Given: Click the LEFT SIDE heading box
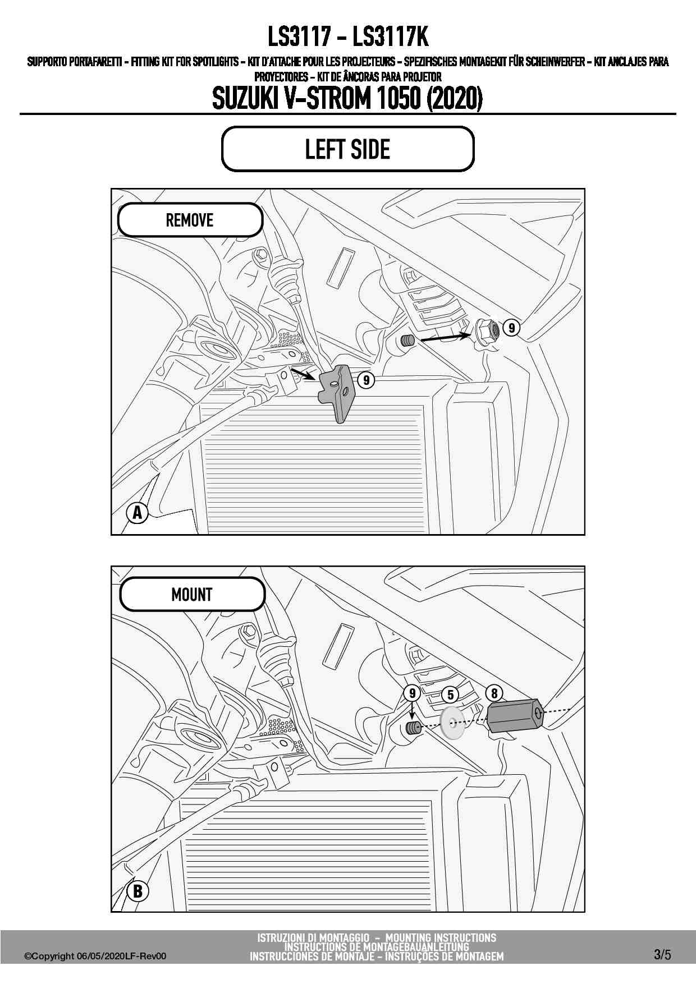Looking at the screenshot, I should pyautogui.click(x=347, y=149).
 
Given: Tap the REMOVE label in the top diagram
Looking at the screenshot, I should pyautogui.click(x=190, y=220).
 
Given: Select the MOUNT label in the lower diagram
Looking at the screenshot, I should pyautogui.click(x=192, y=594).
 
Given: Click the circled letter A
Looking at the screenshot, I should pyautogui.click(x=137, y=513).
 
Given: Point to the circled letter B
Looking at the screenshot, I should pyautogui.click(x=138, y=891).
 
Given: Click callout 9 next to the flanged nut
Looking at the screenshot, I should pyautogui.click(x=511, y=328).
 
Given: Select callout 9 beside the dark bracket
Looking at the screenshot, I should pyautogui.click(x=366, y=380).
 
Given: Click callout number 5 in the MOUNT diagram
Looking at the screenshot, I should pyautogui.click(x=450, y=695).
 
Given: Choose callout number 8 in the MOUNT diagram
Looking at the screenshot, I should pyautogui.click(x=494, y=693).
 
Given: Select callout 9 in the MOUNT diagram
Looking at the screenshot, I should pyautogui.click(x=413, y=693).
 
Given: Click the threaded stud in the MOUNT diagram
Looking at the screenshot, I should pyautogui.click(x=414, y=729).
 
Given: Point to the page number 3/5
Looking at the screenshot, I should pyautogui.click(x=662, y=954).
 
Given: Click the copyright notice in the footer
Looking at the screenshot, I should pyautogui.click(x=95, y=956).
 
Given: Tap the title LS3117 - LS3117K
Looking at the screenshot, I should pyautogui.click(x=348, y=37).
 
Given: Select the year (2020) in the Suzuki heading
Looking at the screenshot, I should pyautogui.click(x=455, y=99).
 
